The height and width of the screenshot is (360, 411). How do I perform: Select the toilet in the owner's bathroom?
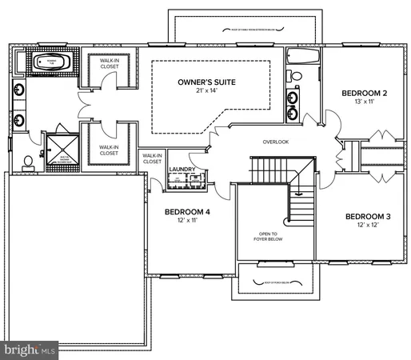tap(29, 162)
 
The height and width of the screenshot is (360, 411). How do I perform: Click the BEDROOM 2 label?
tap(364, 94)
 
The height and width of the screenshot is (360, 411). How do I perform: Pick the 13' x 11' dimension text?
tap(364, 102)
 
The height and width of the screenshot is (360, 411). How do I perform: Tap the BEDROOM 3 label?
tap(369, 217)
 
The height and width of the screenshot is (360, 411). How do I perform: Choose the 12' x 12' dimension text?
tap(369, 226)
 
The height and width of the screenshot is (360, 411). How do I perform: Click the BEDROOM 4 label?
tap(188, 212)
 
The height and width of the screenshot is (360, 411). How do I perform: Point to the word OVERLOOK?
tap(275, 142)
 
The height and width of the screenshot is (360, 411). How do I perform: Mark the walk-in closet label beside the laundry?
tap(152, 158)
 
